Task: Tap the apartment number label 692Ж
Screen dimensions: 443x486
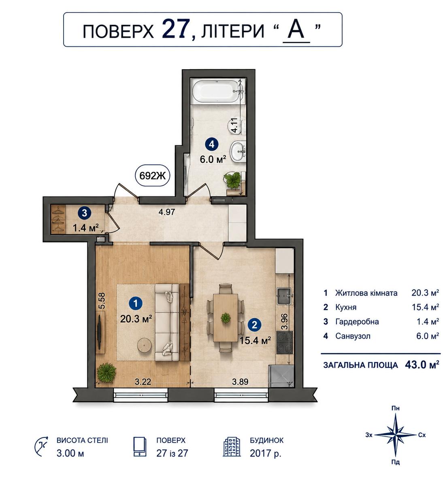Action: (x=152, y=176)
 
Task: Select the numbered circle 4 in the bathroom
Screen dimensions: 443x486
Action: (x=211, y=145)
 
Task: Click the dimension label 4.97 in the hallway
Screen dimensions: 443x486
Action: (x=166, y=212)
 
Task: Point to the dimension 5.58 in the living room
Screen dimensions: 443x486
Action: (x=102, y=301)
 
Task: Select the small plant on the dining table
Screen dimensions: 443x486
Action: (x=226, y=318)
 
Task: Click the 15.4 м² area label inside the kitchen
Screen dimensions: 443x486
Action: (x=255, y=341)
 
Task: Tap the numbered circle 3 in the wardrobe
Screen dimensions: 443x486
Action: (x=84, y=213)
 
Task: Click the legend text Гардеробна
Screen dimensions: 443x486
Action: (x=357, y=322)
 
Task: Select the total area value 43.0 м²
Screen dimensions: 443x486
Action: (x=422, y=364)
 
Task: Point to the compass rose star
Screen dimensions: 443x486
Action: (x=396, y=435)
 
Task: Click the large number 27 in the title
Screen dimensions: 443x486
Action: (x=176, y=30)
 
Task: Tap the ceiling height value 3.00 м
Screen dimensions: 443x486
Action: (x=70, y=453)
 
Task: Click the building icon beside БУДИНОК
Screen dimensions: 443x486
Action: (x=232, y=447)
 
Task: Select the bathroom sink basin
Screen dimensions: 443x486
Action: (x=238, y=151)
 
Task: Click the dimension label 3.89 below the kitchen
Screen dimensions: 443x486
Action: (x=240, y=382)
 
